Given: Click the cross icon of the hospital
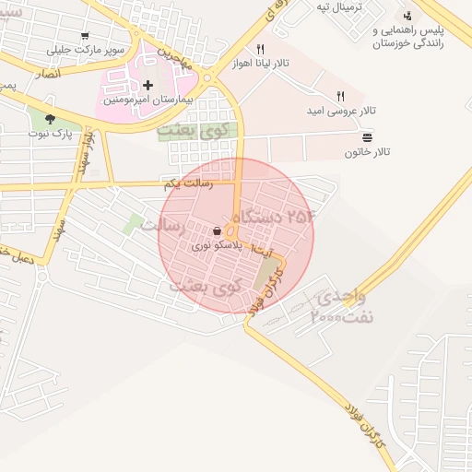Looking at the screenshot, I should pyautogui.click(x=147, y=85).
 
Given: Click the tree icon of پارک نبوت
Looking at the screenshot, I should pyautogui.click(x=48, y=118).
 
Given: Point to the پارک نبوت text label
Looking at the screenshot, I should pyautogui.click(x=48, y=134).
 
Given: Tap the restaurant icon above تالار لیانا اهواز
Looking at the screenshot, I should pyautogui.click(x=260, y=50).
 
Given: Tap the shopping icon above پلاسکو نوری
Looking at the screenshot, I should pyautogui.click(x=216, y=231).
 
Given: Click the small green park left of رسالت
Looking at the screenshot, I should pyautogui.click(x=135, y=223).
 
